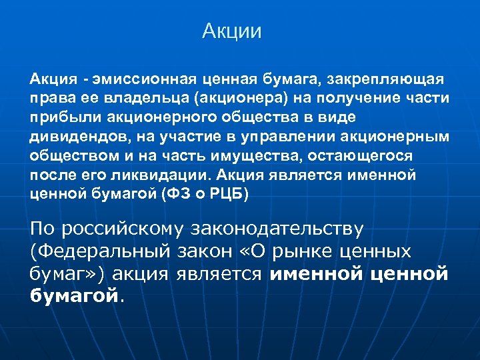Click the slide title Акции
[233, 31]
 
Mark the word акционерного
[163, 117]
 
